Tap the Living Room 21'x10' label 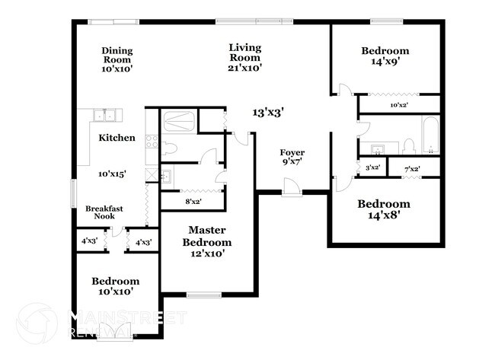[x=245, y=57]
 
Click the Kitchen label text [x=117, y=138]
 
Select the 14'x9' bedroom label [x=385, y=56]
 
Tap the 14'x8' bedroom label [x=384, y=209]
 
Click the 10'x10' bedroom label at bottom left [x=117, y=285]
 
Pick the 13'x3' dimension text [x=268, y=112]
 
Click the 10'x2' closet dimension [x=400, y=105]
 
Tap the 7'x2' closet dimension [x=412, y=167]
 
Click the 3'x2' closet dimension [x=372, y=167]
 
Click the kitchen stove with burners [x=151, y=142]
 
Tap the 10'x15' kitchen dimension [x=112, y=174]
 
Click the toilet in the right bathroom [x=407, y=145]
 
